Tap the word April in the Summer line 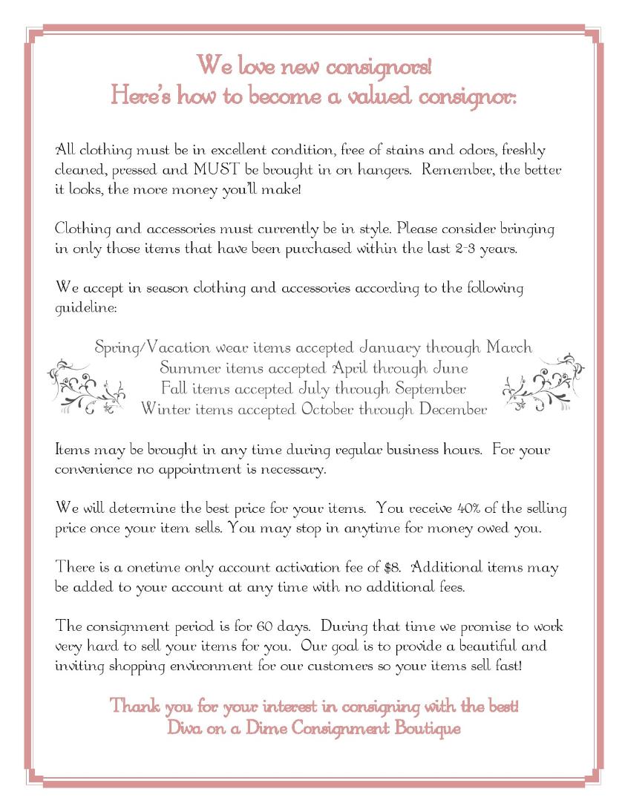[349, 368]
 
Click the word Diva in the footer [184, 728]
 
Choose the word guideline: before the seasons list [85, 307]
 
